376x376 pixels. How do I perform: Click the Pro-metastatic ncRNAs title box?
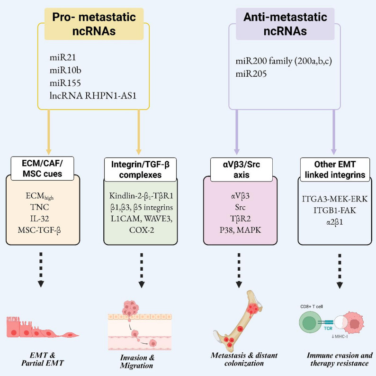pos(94,24)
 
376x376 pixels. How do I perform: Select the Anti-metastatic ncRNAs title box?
pos(285,24)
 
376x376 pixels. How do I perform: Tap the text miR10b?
pos(65,70)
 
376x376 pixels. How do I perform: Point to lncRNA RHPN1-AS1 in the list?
pos(93,96)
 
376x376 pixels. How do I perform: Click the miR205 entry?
pos(251,73)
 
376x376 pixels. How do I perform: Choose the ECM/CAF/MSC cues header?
pos(42,168)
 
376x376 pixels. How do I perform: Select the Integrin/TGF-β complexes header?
pos(140,170)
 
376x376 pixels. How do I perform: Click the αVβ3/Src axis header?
pos(242,170)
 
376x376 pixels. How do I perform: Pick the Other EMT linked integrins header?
pos(335,170)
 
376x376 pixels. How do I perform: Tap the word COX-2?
pos(142,230)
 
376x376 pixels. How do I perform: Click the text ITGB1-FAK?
pos(335,211)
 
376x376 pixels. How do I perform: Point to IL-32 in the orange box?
pos(40,219)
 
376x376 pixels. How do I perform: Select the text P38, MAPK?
pos(240,230)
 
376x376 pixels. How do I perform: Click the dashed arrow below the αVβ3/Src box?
pos(239,270)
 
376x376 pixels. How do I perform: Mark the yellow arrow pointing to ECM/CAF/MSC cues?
pos(49,132)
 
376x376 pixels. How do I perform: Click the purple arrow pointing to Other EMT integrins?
pos(334,132)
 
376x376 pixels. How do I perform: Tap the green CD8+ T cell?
pos(309,322)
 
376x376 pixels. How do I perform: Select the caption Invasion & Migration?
pos(137,362)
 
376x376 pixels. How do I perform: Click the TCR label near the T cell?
pos(328,328)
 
